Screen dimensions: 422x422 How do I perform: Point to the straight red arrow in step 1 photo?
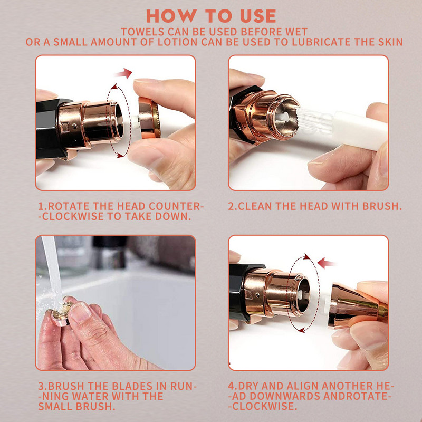[x=124, y=73]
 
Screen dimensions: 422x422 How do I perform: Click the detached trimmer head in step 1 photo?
[x=149, y=118]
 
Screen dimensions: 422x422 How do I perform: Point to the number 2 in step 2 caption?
[x=231, y=206]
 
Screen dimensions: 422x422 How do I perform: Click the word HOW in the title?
[x=171, y=16]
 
